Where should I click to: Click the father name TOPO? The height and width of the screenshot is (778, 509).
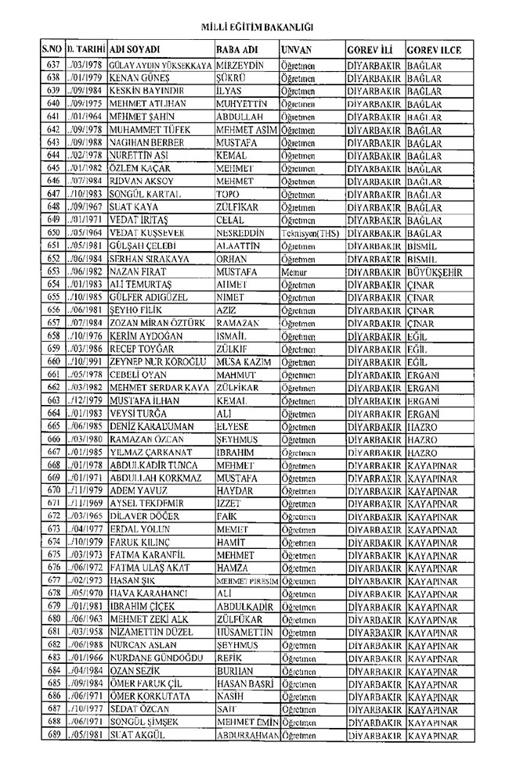(227, 193)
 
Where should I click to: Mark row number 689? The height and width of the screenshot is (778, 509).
(53, 736)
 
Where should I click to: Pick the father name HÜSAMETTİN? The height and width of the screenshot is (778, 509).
(244, 632)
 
